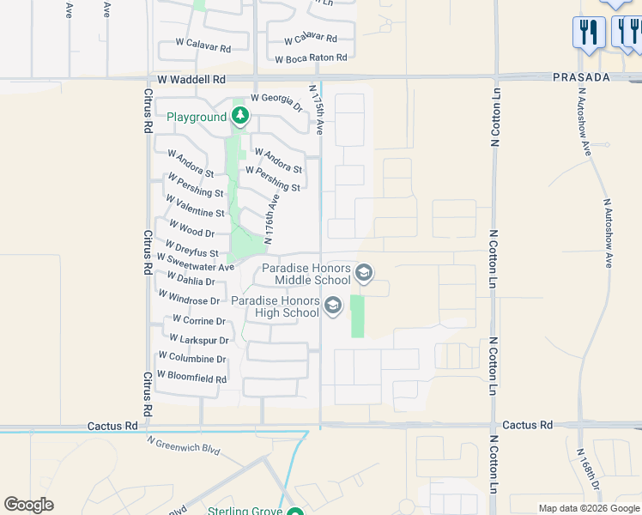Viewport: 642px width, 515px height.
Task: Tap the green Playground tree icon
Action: (x=240, y=116)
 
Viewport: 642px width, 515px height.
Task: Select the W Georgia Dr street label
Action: (x=277, y=102)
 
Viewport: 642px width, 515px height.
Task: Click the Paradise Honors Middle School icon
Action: (x=363, y=274)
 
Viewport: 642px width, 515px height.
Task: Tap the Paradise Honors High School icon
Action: (x=332, y=305)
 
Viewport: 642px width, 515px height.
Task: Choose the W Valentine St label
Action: (x=195, y=206)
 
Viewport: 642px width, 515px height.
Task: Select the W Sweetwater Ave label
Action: (x=195, y=267)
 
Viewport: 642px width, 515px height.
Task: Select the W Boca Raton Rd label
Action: (x=311, y=58)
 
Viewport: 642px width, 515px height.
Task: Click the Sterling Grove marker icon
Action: (x=295, y=513)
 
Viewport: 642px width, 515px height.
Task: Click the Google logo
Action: (x=29, y=505)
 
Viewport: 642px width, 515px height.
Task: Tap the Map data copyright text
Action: (x=589, y=508)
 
